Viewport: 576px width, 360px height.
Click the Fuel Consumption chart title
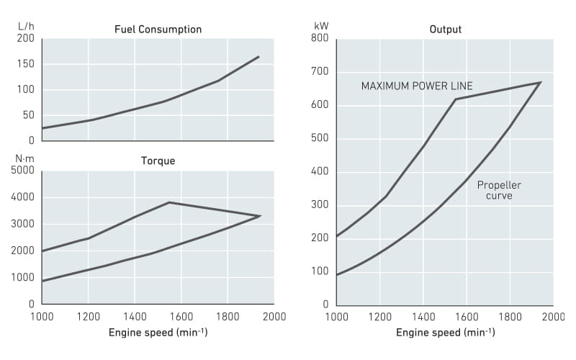(158, 30)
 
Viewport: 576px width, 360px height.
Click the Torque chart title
(158, 161)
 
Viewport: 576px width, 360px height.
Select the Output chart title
(445, 30)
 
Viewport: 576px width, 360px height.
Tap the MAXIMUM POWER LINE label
(416, 86)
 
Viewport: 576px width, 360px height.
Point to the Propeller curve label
(499, 190)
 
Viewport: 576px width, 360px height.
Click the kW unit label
(321, 26)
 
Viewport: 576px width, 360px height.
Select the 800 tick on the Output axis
(320, 38)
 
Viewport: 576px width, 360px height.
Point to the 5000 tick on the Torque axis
(24, 170)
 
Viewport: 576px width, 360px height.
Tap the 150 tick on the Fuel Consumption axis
(26, 64)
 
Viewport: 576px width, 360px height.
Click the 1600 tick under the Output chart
(467, 316)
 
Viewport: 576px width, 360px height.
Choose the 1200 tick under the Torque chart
(88, 316)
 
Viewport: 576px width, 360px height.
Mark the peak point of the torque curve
(169, 202)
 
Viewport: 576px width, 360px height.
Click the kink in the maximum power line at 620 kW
(456, 99)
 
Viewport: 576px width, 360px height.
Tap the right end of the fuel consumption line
(259, 56)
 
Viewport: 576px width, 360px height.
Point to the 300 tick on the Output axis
(320, 204)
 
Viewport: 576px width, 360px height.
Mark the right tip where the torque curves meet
(260, 216)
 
